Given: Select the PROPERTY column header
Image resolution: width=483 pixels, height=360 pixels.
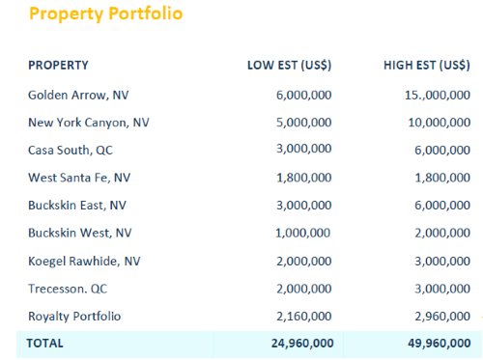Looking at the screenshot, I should (x=58, y=66).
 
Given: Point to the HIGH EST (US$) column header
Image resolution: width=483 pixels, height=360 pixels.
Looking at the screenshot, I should (x=426, y=66).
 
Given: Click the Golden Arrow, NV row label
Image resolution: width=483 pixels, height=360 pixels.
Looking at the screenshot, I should (x=78, y=96).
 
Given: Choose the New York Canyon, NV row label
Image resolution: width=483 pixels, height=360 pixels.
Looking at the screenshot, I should (x=89, y=123).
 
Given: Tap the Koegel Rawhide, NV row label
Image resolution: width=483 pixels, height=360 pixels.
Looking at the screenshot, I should (x=84, y=261).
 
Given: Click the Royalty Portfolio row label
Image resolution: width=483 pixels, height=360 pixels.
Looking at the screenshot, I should (x=74, y=316).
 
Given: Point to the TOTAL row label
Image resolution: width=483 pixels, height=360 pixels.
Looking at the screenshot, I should (x=44, y=343).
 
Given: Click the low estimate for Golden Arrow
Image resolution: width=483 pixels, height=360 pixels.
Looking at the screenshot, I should (x=304, y=96).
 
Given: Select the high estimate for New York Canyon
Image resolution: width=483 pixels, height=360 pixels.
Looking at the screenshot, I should (x=440, y=123).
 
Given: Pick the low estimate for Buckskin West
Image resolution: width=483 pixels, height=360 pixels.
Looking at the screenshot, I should (x=304, y=234).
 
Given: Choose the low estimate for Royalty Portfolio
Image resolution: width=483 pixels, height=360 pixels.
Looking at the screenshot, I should (x=304, y=316).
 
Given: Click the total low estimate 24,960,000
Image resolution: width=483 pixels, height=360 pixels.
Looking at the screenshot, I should (x=301, y=343).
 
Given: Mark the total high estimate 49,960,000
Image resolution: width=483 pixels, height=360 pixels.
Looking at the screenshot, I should (x=438, y=343).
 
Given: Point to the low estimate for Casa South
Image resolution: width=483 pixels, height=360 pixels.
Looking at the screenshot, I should (x=304, y=151).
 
